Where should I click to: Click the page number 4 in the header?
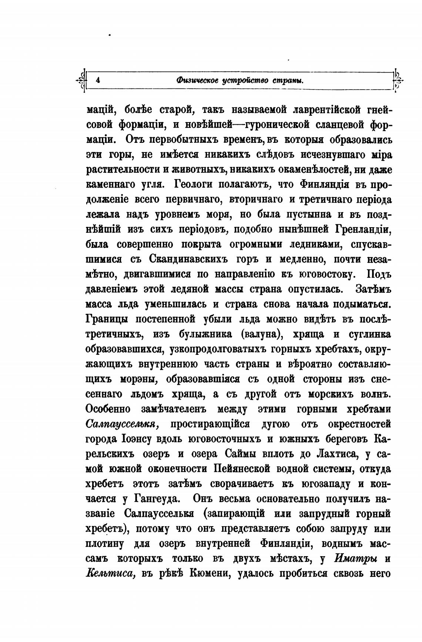tap(98, 80)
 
